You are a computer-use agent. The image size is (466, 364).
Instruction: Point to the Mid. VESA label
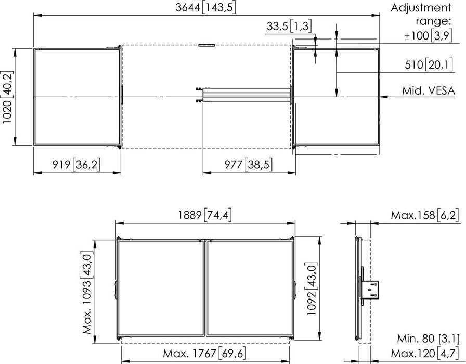tap(428, 91)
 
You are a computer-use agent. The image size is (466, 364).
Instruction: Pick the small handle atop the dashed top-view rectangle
tap(206, 46)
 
